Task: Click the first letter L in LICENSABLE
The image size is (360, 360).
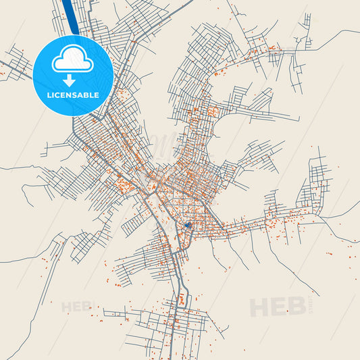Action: click(48, 95)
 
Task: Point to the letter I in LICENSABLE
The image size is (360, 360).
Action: click(53, 95)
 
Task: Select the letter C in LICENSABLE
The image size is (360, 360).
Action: click(57, 95)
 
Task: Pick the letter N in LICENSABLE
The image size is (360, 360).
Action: click(69, 95)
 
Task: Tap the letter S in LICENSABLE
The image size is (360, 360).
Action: click(75, 95)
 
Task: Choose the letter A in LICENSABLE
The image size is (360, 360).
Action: click(81, 95)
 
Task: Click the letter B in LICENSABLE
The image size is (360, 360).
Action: click(86, 95)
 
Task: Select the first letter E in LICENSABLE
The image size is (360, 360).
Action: click(63, 95)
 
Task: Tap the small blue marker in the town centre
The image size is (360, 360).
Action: click(188, 225)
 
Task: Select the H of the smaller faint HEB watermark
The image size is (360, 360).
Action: click(66, 307)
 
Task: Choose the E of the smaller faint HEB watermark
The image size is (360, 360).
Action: click(76, 307)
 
